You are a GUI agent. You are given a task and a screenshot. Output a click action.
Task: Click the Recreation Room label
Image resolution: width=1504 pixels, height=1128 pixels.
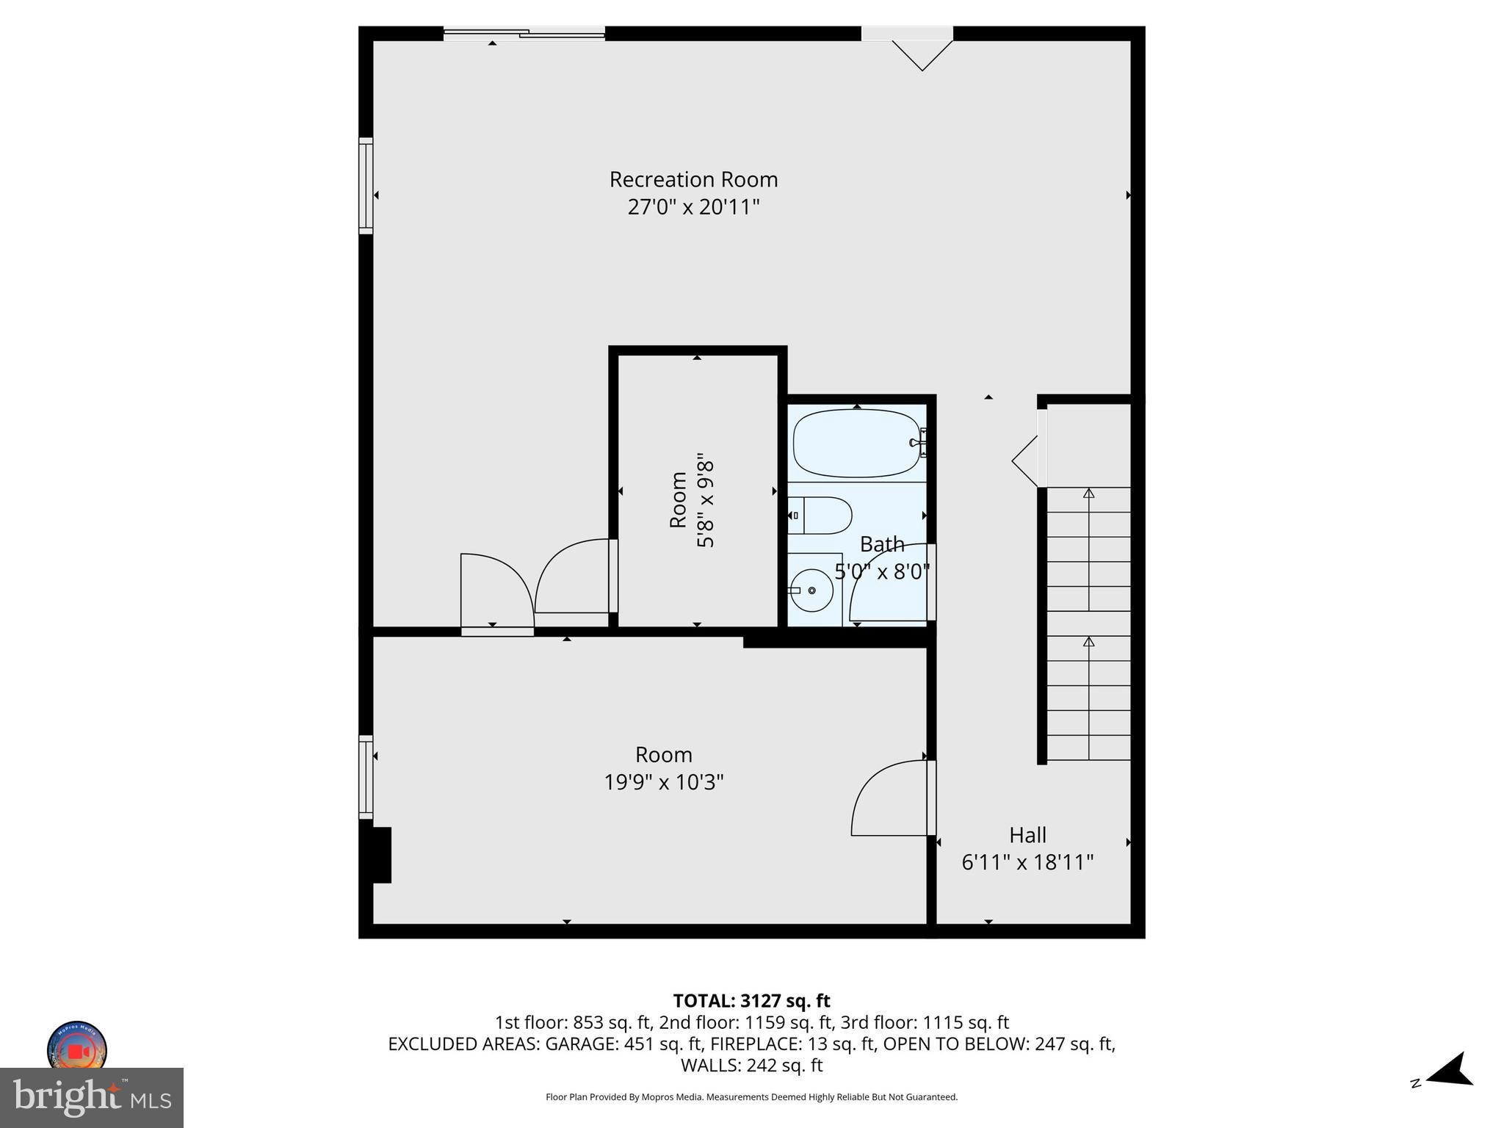pyautogui.click(x=693, y=179)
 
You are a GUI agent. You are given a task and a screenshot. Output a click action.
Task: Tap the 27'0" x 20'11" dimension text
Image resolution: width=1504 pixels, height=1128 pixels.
pyautogui.click(x=693, y=207)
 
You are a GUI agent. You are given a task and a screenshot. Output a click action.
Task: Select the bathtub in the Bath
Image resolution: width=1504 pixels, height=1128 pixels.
pyautogui.click(x=856, y=443)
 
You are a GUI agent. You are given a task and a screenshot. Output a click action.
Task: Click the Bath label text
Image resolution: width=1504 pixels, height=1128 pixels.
pyautogui.click(x=882, y=544)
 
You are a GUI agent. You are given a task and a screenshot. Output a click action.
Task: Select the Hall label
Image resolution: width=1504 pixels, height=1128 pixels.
pyautogui.click(x=1027, y=835)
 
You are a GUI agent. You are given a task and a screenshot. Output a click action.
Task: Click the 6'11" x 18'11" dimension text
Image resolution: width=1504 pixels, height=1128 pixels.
pyautogui.click(x=1027, y=862)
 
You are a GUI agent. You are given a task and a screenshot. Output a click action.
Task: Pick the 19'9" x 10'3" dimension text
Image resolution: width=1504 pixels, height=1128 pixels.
pyautogui.click(x=664, y=782)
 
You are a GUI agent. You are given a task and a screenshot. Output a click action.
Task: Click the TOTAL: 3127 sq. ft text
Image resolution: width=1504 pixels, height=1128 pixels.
pyautogui.click(x=751, y=1001)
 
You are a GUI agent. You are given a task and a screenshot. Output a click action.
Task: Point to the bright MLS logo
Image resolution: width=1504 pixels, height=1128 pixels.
pyautogui.click(x=92, y=1098)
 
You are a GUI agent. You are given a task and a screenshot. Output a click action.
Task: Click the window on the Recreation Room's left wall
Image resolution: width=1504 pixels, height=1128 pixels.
pyautogui.click(x=366, y=186)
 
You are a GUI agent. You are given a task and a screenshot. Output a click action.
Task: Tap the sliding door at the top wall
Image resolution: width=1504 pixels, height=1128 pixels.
pyautogui.click(x=524, y=33)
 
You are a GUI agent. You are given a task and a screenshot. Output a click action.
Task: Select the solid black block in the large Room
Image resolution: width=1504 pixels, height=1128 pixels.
pyautogui.click(x=380, y=854)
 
